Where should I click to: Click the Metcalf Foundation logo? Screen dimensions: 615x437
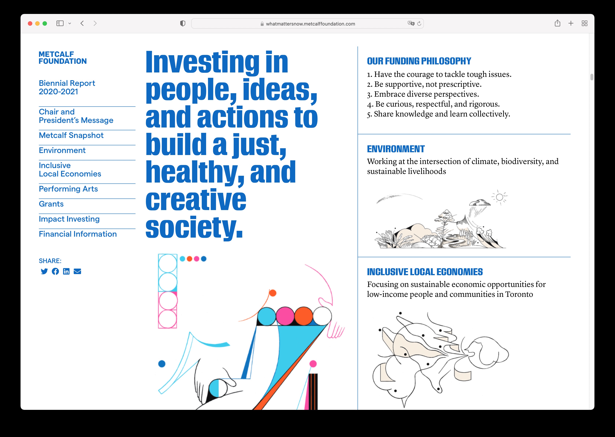pyautogui.click(x=63, y=58)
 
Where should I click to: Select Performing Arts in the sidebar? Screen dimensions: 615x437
pyautogui.click(x=68, y=189)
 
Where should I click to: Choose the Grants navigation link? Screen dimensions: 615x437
pyautogui.click(x=51, y=204)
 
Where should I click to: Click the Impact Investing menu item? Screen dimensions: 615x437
pyautogui.click(x=69, y=219)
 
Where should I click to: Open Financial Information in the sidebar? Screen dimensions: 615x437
pyautogui.click(x=78, y=234)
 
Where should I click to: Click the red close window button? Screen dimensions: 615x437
pyautogui.click(x=30, y=23)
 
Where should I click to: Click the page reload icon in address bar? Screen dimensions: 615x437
pyautogui.click(x=419, y=24)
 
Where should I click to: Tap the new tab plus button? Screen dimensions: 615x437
pyautogui.click(x=571, y=23)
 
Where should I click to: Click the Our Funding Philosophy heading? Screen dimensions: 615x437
pyautogui.click(x=419, y=61)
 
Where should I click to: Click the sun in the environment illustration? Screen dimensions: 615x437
pyautogui.click(x=499, y=197)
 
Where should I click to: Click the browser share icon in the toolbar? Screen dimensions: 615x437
pyautogui.click(x=557, y=23)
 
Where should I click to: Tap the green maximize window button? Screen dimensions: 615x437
pyautogui.click(x=45, y=23)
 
